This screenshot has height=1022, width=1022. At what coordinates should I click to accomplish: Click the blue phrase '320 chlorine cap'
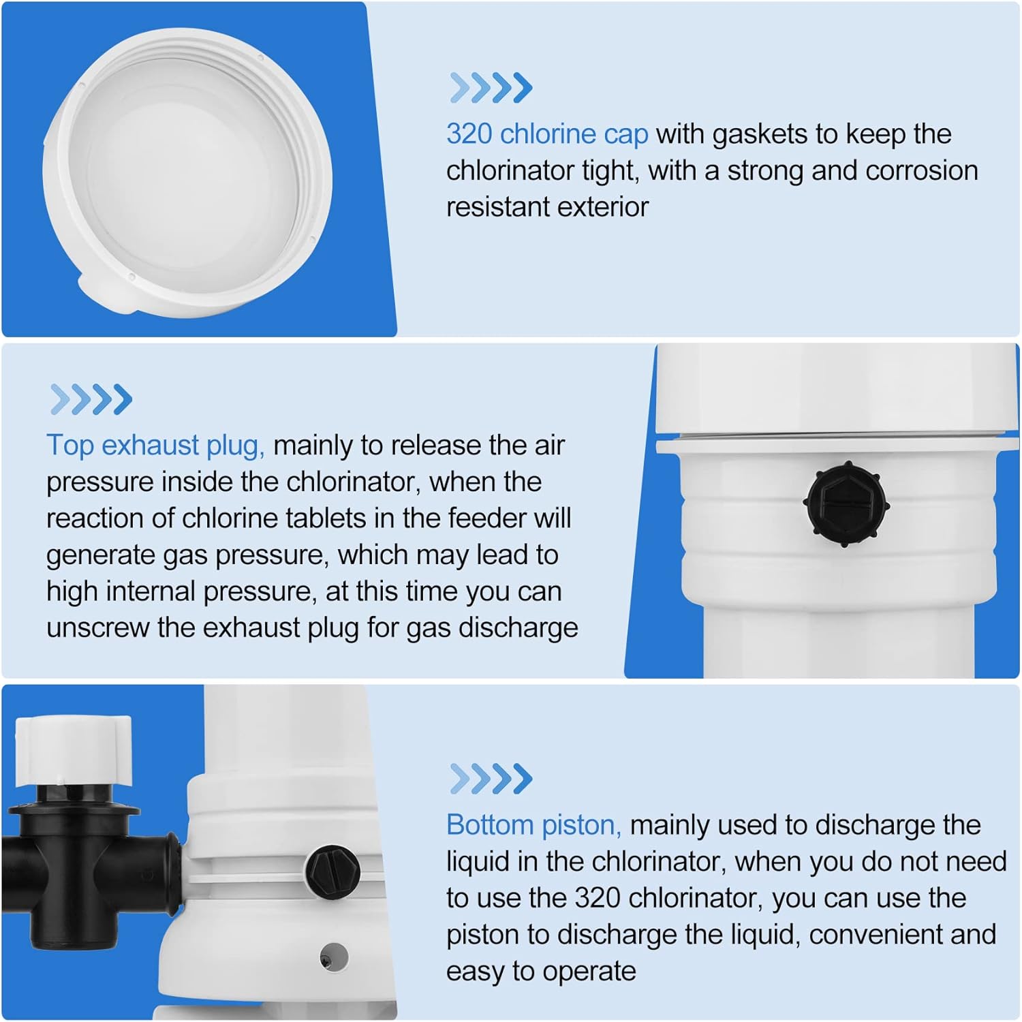pos(546,134)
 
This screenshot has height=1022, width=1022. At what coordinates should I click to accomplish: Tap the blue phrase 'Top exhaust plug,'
pos(155,446)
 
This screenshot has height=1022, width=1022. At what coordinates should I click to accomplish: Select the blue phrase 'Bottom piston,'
pos(533,825)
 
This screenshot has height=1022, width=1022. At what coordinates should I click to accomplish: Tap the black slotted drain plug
pos(332,870)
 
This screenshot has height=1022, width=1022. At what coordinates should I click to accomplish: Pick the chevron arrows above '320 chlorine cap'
pos(491,88)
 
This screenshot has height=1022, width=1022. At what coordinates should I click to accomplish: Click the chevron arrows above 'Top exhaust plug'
pos(91,399)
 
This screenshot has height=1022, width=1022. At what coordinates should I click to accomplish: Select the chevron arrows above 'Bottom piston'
pos(491,779)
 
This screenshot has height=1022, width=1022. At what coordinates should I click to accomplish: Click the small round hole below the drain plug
pos(334,955)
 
